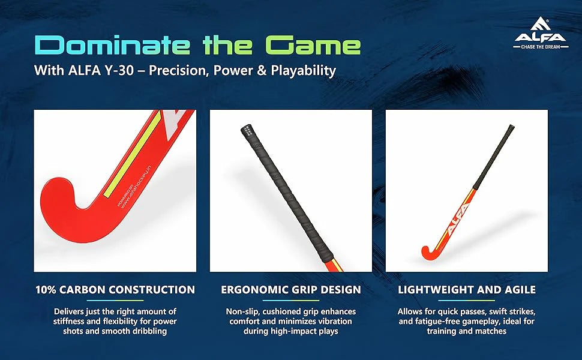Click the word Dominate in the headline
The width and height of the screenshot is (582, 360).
[112, 45]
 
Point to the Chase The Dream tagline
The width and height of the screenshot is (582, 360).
[541, 47]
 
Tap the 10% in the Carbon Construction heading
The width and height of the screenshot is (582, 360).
[46, 290]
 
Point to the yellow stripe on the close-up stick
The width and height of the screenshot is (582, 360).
[131, 154]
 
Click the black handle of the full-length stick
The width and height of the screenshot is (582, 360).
[494, 156]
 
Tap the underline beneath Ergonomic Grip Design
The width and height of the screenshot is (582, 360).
[291, 301]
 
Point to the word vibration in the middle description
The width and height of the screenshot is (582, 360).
[334, 322]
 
